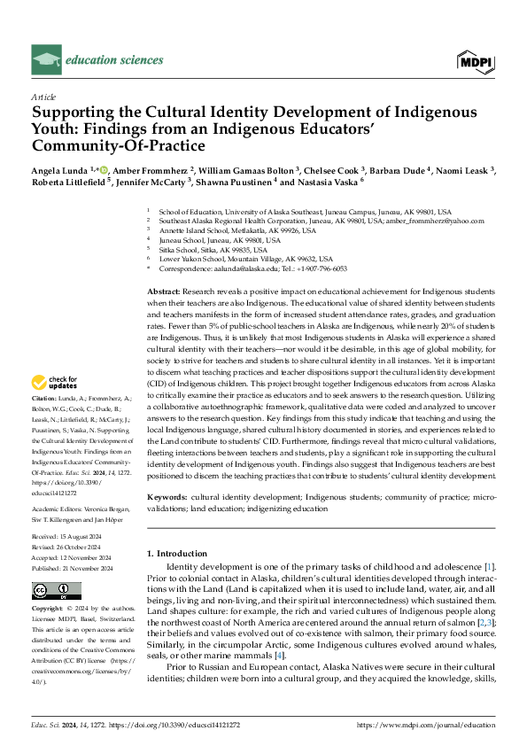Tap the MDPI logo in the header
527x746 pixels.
477,59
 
